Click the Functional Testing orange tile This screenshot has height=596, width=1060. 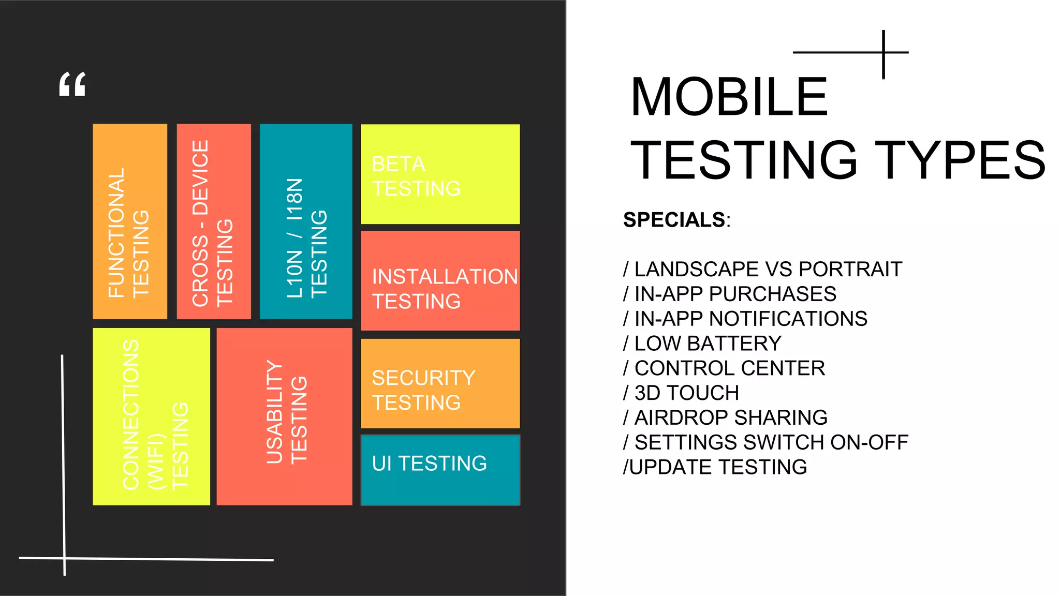[x=130, y=221]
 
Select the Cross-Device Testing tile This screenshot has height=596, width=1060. [x=214, y=221]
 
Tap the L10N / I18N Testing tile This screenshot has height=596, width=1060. [x=306, y=221]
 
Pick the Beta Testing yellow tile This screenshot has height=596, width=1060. [x=440, y=174]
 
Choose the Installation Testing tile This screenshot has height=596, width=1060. [x=440, y=281]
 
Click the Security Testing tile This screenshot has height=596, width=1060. [x=440, y=384]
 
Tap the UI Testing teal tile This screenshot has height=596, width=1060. [x=440, y=470]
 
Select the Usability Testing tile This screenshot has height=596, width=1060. [x=284, y=416]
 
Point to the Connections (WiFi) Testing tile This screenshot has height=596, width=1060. [x=151, y=416]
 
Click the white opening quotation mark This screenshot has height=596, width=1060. [x=72, y=84]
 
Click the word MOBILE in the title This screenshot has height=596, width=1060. [x=729, y=97]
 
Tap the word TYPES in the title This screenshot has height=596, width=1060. [x=960, y=160]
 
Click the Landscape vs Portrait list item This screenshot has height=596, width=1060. [x=763, y=270]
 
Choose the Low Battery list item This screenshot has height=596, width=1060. [x=702, y=344]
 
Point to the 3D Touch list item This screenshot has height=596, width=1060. [x=681, y=393]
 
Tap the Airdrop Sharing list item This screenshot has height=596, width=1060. [x=725, y=418]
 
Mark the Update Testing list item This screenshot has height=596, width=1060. [x=715, y=467]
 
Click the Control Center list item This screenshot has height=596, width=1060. [x=724, y=368]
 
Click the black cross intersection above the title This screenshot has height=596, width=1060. [x=884, y=52]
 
